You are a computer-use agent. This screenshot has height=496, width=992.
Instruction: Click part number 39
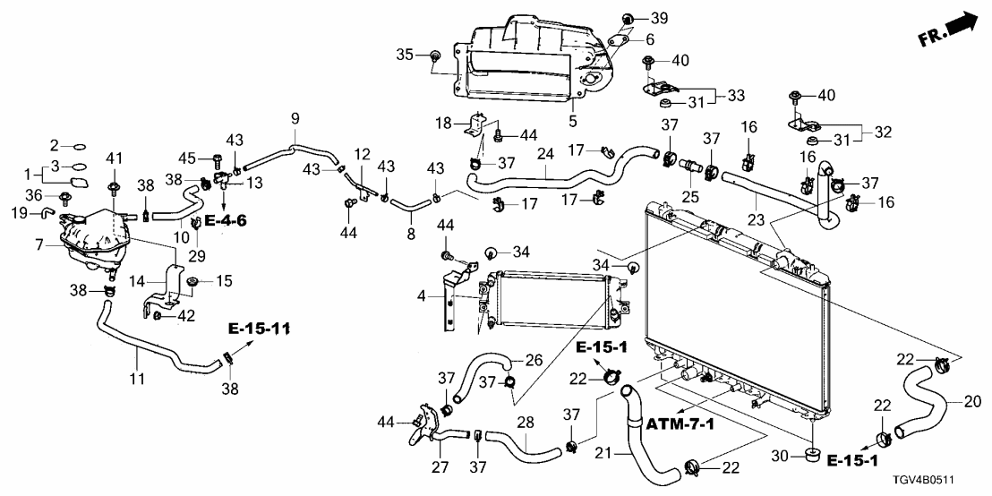click(x=659, y=19)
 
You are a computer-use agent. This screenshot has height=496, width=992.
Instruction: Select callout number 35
click(x=405, y=56)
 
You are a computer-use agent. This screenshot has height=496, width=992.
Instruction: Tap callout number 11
click(x=135, y=379)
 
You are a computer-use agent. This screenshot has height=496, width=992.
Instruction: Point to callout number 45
click(x=187, y=159)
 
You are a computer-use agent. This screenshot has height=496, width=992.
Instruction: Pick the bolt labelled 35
click(x=435, y=56)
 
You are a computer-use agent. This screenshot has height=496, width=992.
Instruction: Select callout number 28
click(x=526, y=423)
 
